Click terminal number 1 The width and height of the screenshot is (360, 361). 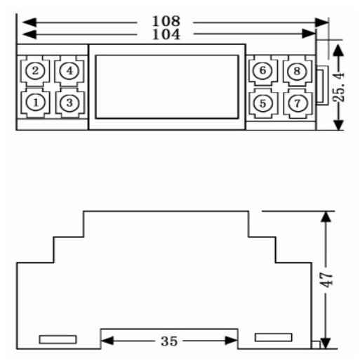tap(35, 103)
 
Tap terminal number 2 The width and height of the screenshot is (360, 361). tap(35, 70)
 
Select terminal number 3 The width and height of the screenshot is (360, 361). tap(69, 103)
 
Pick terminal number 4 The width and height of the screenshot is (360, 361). tap(69, 70)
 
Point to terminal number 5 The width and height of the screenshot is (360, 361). tap(263, 103)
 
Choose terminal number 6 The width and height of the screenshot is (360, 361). tap(262, 70)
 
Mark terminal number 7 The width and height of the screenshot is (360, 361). tap(297, 103)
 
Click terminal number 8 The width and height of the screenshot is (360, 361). tap(297, 71)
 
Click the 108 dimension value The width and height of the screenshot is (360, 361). tap(166, 21)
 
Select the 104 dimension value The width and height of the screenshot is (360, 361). tap(166, 34)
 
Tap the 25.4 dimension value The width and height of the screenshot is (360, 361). tap(339, 87)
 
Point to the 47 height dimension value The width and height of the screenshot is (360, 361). tap(326, 280)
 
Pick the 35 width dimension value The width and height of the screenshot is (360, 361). tap(169, 341)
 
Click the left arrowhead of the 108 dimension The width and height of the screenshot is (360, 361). tap(29, 22)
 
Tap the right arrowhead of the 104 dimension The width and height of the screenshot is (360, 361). tap(309, 34)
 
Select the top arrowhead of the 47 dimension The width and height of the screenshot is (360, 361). tap(326, 216)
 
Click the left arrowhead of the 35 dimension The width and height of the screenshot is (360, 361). tap(107, 341)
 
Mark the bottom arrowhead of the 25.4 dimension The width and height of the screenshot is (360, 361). tap(338, 125)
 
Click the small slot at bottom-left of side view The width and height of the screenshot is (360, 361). tap(58, 339)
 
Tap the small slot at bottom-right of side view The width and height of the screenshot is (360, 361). tap(274, 337)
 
